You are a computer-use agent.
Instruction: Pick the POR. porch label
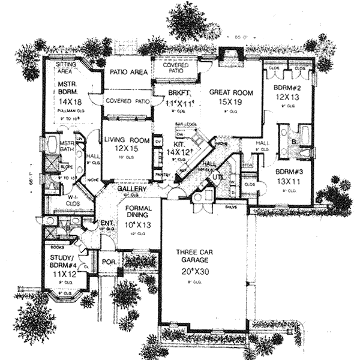(x=109, y=263)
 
